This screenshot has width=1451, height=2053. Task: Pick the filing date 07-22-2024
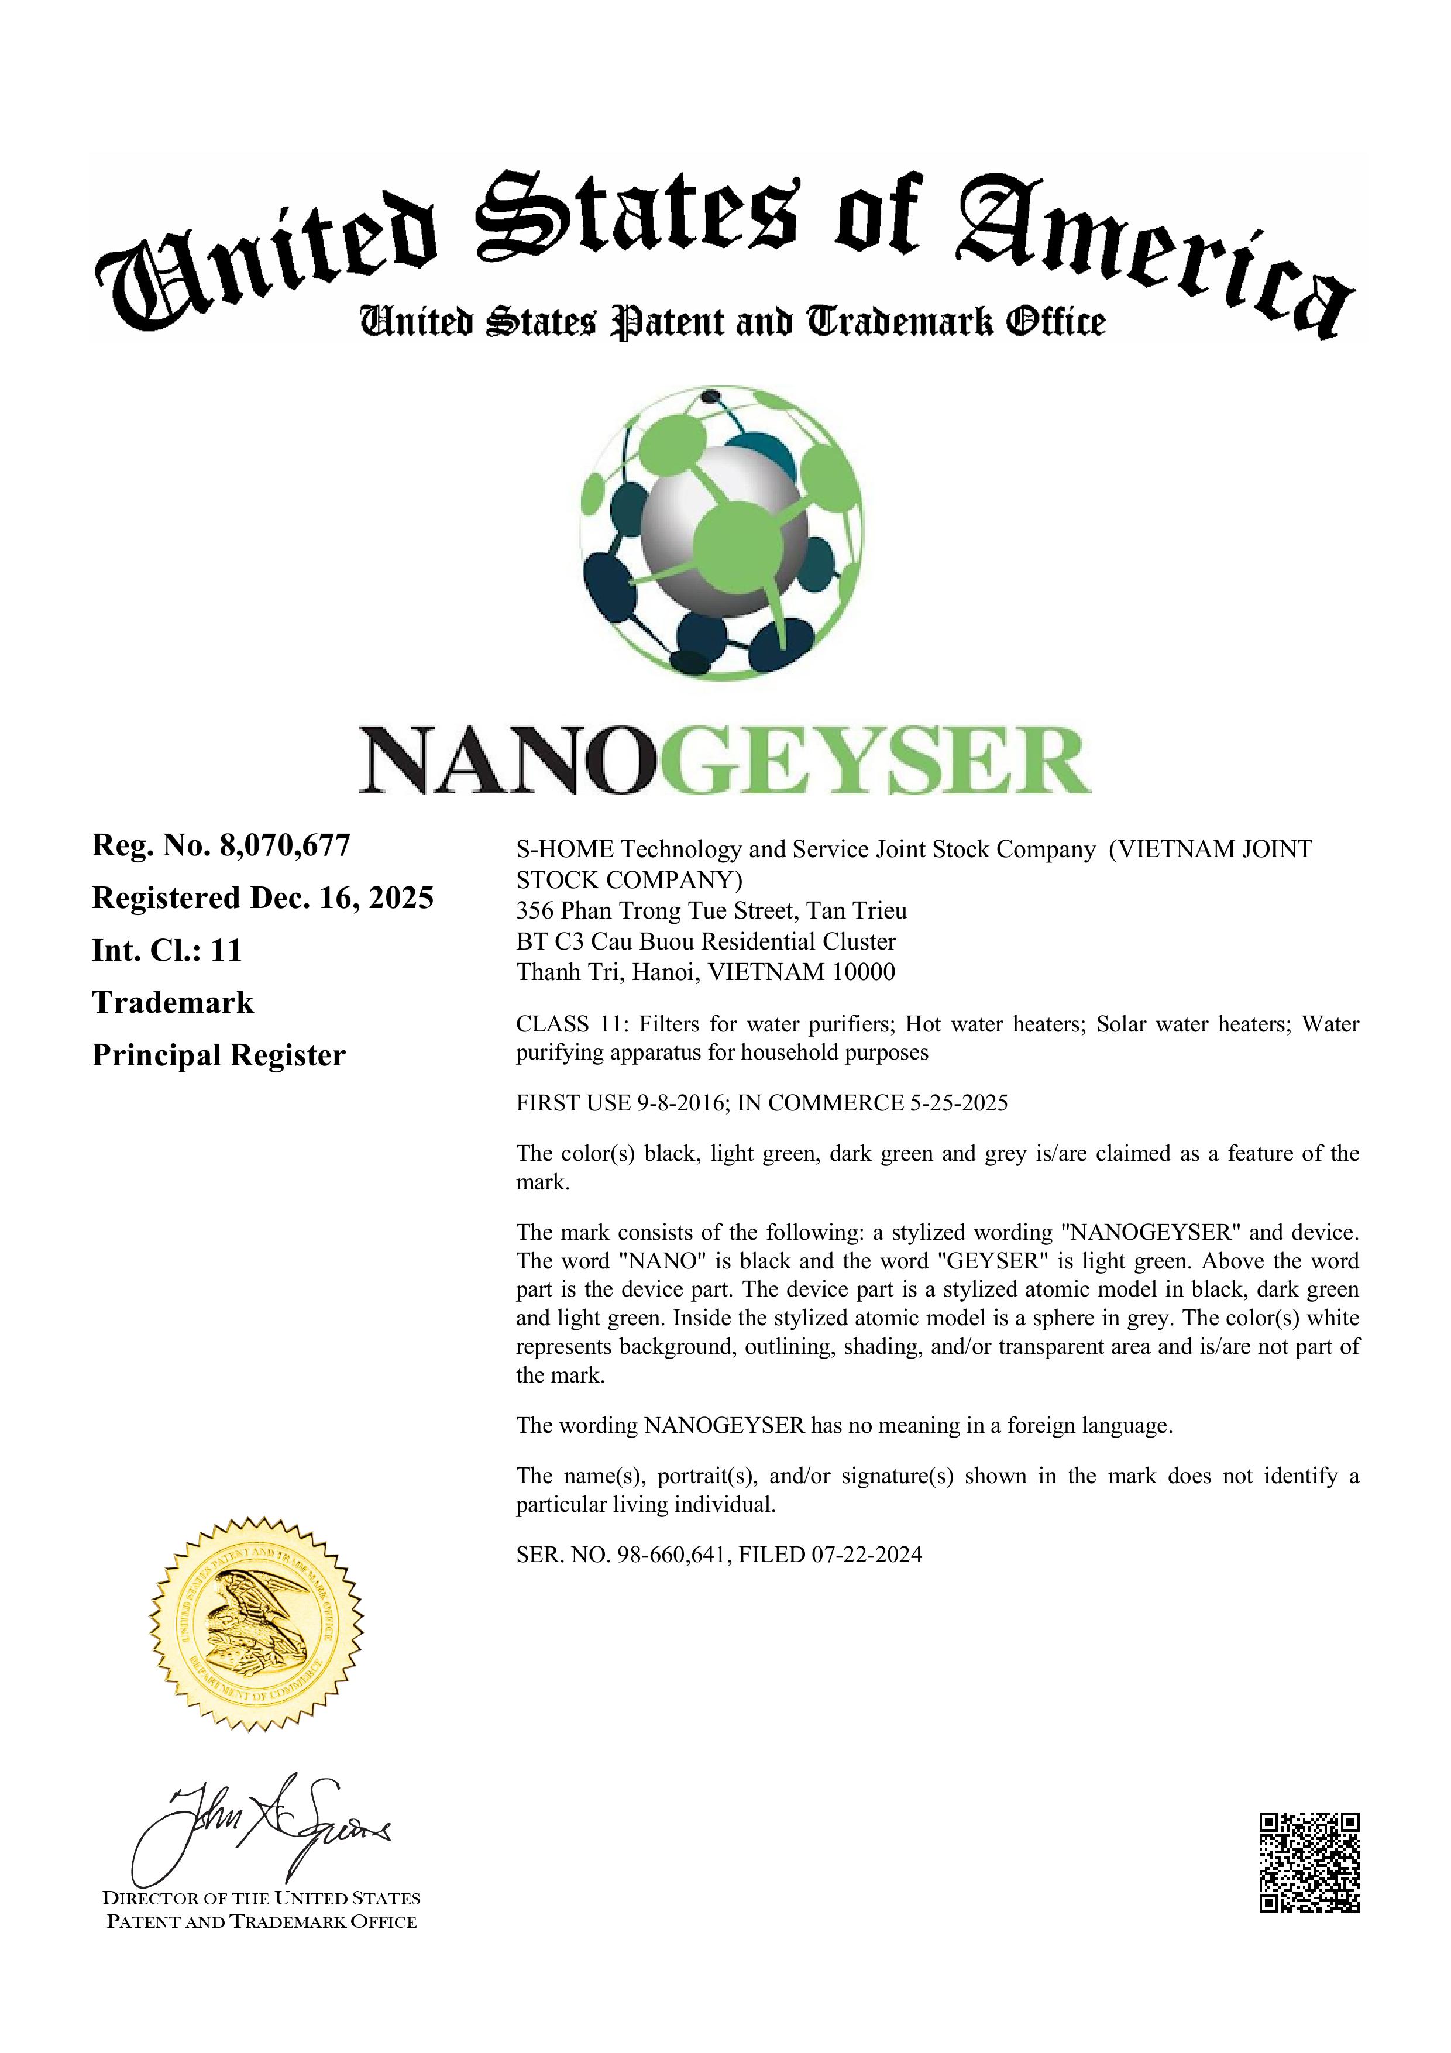click(x=867, y=1554)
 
